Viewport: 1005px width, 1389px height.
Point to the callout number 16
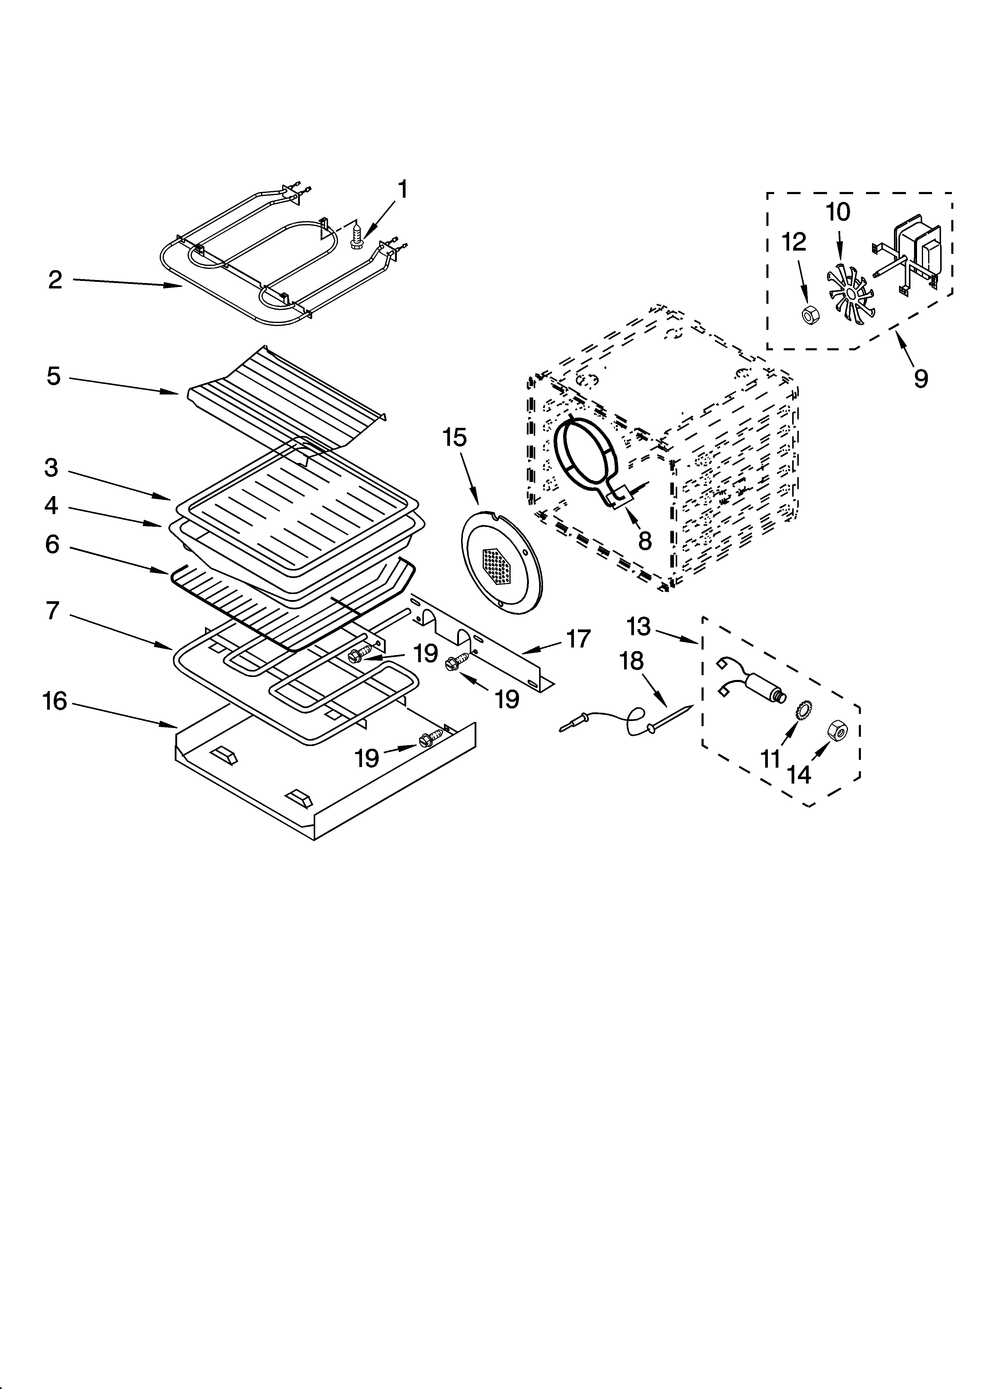55,701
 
